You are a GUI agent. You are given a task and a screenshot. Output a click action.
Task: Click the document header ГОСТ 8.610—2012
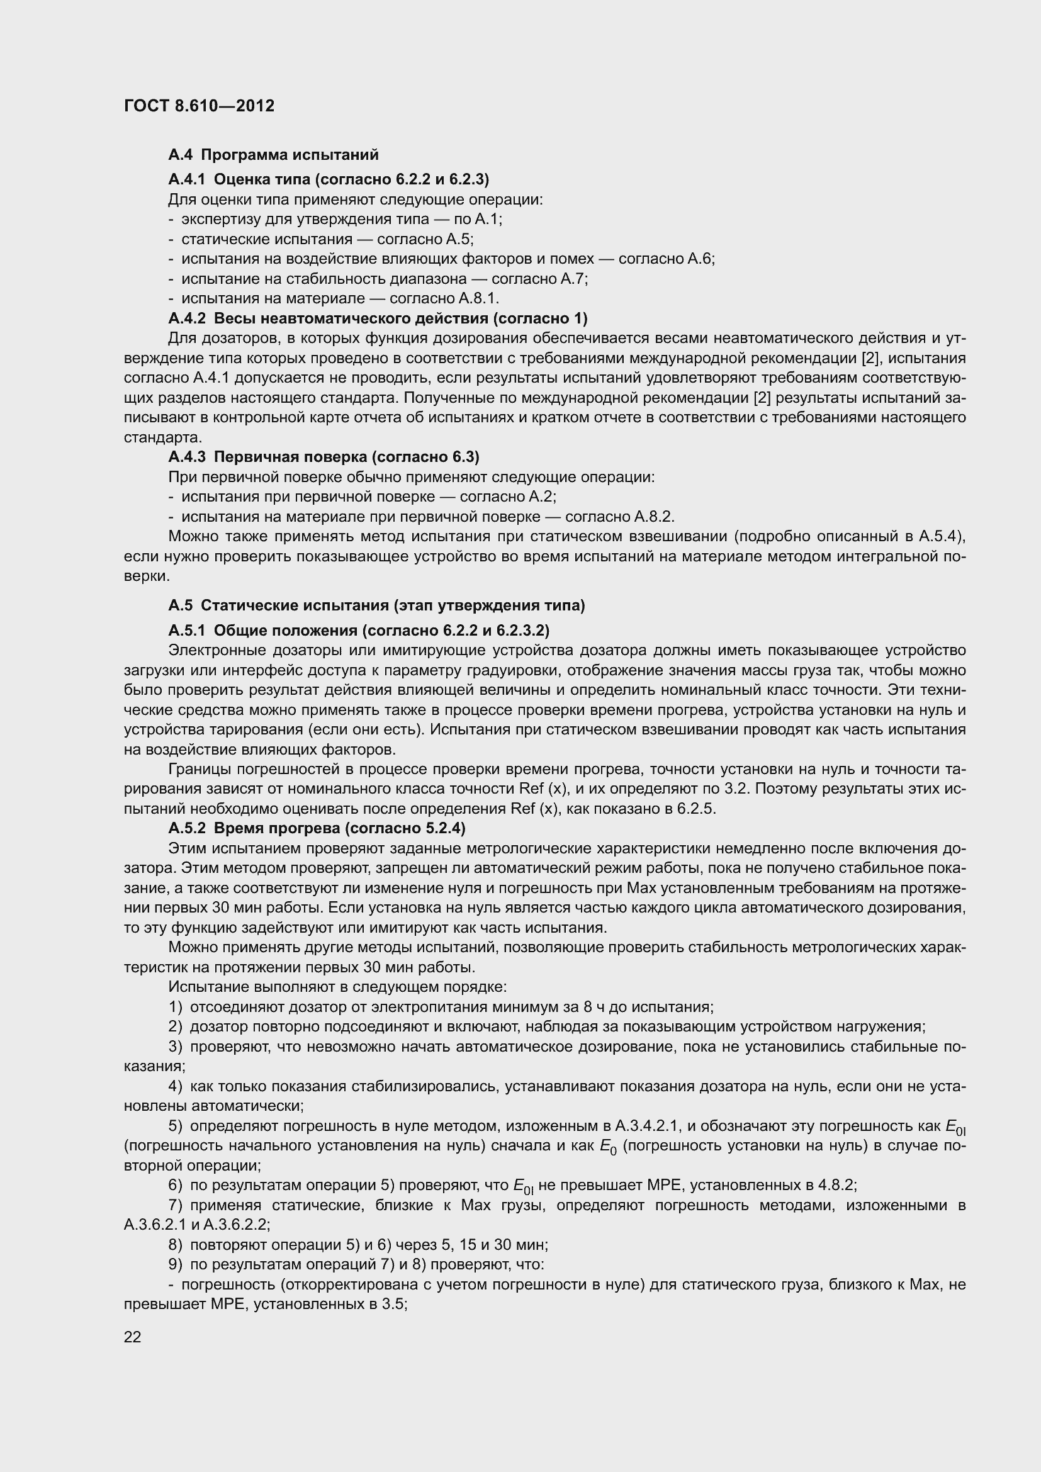(199, 106)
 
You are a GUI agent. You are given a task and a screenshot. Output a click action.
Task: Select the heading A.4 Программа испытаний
(273, 155)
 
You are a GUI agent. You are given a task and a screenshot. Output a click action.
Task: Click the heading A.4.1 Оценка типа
(328, 179)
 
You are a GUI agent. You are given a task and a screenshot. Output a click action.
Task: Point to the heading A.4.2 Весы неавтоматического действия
(378, 318)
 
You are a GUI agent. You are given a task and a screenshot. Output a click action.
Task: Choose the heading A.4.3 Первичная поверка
(324, 456)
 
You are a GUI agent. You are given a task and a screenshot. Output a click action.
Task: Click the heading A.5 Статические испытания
(376, 605)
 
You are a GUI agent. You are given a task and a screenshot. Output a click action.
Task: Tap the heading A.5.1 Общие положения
(359, 630)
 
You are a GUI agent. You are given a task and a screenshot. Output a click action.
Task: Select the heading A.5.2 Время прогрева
(317, 828)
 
